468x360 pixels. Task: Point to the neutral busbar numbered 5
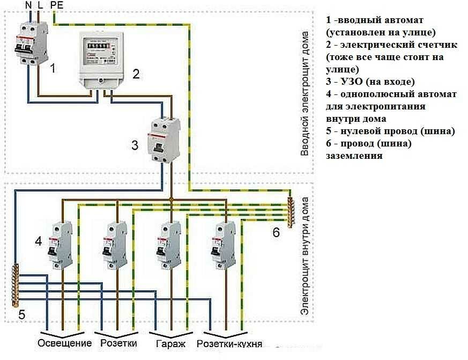(x=16, y=284)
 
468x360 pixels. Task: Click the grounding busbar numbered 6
(x=290, y=212)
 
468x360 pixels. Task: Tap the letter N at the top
(x=28, y=5)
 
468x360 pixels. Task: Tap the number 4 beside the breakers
(x=38, y=242)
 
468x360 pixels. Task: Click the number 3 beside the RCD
(x=135, y=145)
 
